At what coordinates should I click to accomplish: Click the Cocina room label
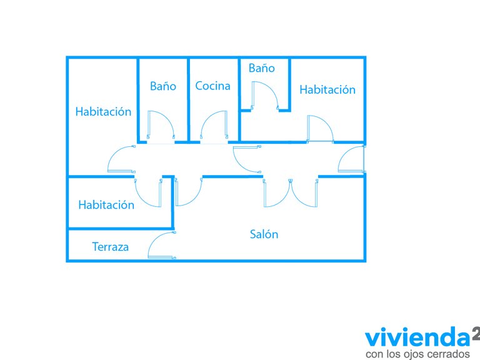(212, 86)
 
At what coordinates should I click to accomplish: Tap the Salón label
(264, 234)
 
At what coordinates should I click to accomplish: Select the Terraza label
(110, 247)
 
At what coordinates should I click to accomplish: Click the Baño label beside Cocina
(163, 86)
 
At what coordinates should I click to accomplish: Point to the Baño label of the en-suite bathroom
(261, 68)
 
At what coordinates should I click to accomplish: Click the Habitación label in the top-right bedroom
(327, 90)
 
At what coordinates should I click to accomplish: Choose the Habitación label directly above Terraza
(106, 205)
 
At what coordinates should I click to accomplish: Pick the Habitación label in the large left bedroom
(103, 112)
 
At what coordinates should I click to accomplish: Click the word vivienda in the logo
(417, 337)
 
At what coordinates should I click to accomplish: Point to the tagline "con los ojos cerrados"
(417, 354)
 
